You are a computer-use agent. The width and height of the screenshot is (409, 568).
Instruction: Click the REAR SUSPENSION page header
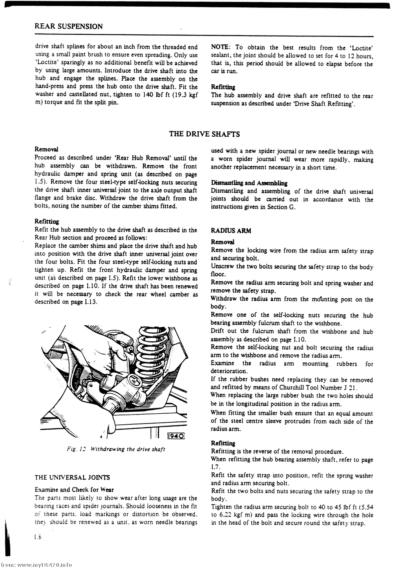point(69,27)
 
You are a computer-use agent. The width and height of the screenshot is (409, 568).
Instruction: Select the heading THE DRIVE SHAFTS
point(204,134)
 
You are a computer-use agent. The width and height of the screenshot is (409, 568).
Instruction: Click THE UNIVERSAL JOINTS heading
point(72,477)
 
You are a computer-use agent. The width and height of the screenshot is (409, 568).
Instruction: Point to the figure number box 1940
point(176,435)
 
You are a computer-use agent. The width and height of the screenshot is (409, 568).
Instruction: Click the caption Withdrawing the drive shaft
point(128,449)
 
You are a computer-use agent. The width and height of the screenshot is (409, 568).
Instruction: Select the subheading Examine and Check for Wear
point(74,489)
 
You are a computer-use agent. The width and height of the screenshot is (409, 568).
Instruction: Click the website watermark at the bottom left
point(37,564)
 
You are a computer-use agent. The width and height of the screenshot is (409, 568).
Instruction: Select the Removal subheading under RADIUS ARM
point(222,242)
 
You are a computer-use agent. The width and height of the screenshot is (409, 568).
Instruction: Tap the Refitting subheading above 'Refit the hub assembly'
point(47,221)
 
